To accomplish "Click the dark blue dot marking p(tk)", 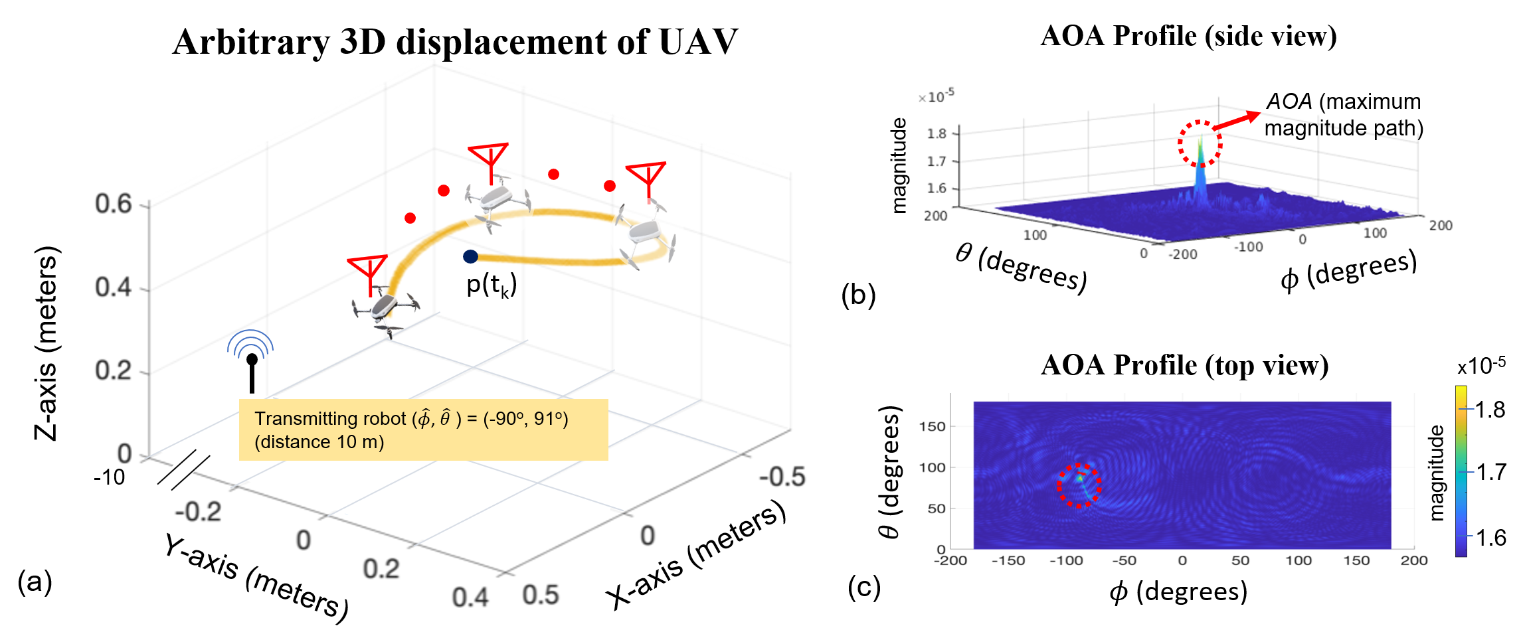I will [x=470, y=256].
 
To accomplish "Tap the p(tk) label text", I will [x=492, y=285].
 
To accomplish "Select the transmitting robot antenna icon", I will [x=251, y=362].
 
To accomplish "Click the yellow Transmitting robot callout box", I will [x=423, y=430].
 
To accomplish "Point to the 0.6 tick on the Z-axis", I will [x=114, y=204].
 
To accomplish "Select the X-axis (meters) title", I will [x=695, y=556].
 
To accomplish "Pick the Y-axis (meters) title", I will [x=256, y=578].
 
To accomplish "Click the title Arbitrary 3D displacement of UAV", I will [x=455, y=42].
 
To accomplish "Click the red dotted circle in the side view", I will [x=1200, y=143].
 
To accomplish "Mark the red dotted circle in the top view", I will [x=1079, y=485].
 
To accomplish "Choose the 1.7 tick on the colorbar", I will [x=1490, y=473].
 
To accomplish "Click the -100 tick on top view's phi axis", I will [x=1066, y=560].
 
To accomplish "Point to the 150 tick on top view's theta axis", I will [x=932, y=426].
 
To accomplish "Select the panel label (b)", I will [x=858, y=295].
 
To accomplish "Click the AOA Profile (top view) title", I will [x=1184, y=365].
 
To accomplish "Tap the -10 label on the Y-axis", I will [x=110, y=477].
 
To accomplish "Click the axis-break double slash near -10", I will [x=184, y=470].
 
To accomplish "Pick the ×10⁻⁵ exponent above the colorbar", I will [x=1482, y=366].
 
